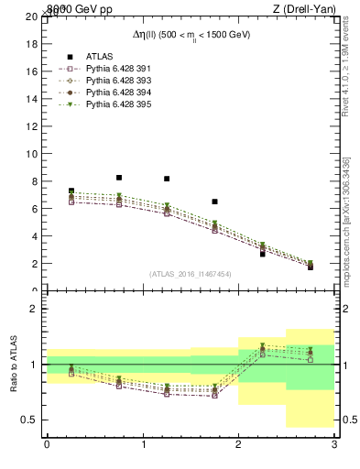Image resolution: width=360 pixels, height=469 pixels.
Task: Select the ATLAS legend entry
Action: click(x=99, y=56)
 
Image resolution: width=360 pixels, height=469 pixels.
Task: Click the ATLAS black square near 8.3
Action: click(x=119, y=177)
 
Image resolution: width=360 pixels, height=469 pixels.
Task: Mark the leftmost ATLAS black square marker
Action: click(x=71, y=191)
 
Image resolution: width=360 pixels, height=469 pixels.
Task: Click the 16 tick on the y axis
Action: click(x=32, y=71)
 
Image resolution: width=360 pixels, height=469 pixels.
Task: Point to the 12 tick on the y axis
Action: click(x=32, y=126)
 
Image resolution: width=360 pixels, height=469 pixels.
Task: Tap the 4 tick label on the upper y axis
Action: click(x=35, y=236)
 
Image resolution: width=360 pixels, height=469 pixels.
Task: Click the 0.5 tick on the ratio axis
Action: click(x=30, y=420)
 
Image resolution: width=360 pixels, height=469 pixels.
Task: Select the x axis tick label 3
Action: click(x=333, y=444)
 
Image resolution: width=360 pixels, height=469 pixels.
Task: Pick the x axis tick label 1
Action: click(x=143, y=444)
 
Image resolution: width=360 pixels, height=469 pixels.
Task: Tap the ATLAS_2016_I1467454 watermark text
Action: click(x=191, y=273)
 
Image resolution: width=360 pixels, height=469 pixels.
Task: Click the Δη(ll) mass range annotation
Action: click(x=191, y=35)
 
